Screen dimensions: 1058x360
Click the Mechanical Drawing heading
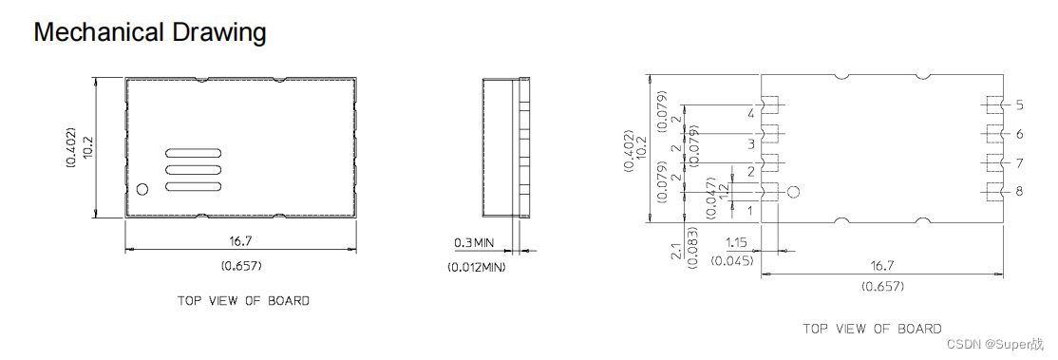(x=150, y=32)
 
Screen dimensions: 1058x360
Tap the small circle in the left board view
(x=142, y=189)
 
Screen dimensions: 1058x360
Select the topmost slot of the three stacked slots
(x=194, y=153)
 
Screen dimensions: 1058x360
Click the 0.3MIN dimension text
(x=474, y=242)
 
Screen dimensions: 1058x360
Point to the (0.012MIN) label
(x=477, y=268)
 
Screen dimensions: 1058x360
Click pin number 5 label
(x=1019, y=104)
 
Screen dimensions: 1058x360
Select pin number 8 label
(x=1019, y=191)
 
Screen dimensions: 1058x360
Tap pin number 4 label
(x=751, y=113)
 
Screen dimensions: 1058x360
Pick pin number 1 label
(x=750, y=211)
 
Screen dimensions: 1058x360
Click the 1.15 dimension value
(x=736, y=242)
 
